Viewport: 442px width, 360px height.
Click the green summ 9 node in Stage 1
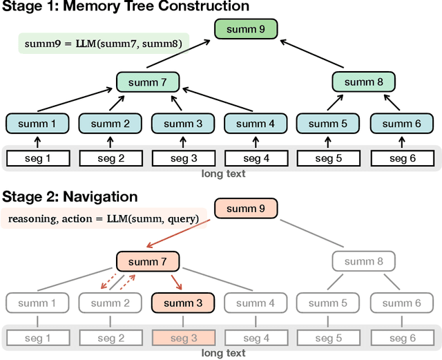click(245, 29)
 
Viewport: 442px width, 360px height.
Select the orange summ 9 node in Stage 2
click(245, 208)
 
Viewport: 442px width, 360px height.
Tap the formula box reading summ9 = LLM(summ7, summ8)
click(104, 44)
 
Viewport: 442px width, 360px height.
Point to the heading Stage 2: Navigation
click(69, 197)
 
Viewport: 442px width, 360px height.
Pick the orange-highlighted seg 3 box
click(183, 339)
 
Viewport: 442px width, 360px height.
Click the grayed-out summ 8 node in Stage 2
click(363, 261)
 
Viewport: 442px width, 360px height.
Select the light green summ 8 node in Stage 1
click(363, 82)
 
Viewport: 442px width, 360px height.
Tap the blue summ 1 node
click(38, 124)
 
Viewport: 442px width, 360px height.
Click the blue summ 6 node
click(401, 124)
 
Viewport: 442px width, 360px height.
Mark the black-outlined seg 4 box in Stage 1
click(256, 159)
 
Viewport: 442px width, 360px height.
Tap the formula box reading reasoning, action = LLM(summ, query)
click(104, 219)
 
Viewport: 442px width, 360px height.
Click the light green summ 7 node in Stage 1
click(147, 82)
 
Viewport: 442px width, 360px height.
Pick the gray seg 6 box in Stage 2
click(401, 339)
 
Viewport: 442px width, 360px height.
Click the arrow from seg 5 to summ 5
click(328, 142)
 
